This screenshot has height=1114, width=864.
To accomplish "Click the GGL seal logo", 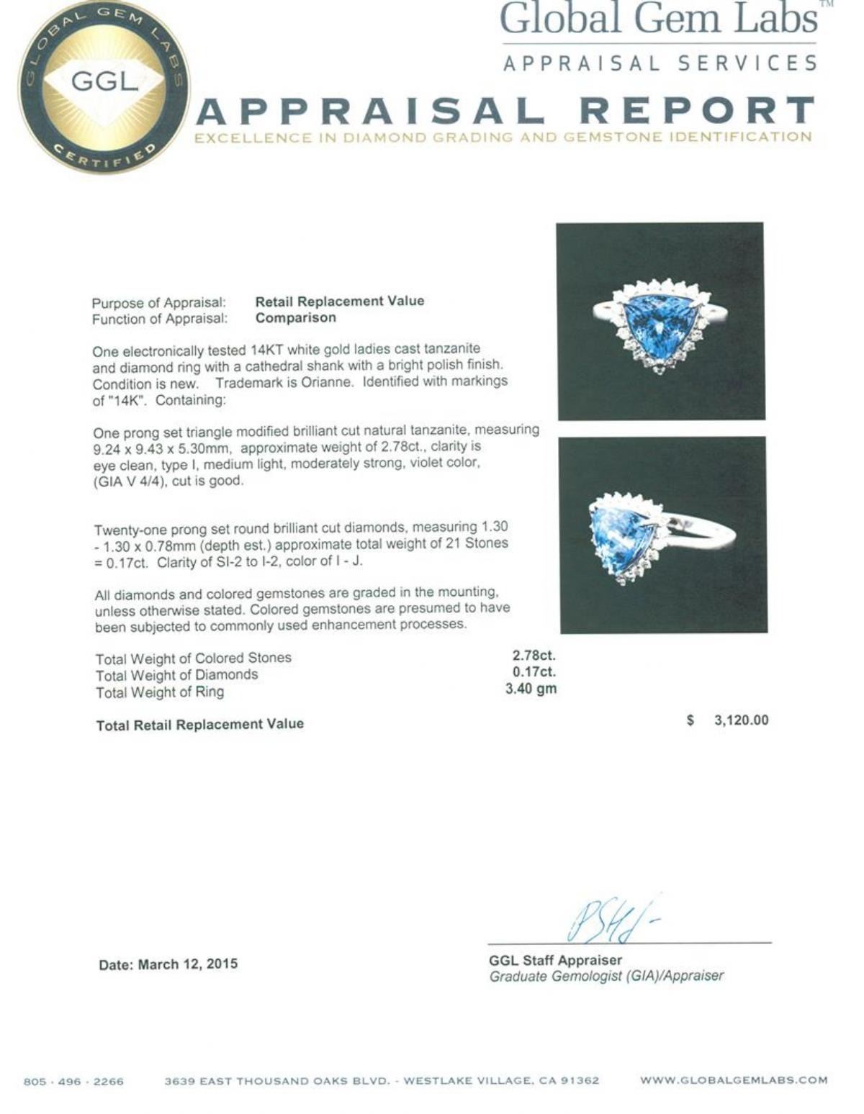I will tap(104, 86).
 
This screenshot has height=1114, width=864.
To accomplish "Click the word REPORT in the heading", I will tap(696, 112).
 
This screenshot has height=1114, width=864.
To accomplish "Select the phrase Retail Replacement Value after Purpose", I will tap(340, 301).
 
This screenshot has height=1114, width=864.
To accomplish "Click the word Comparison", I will tap(295, 317).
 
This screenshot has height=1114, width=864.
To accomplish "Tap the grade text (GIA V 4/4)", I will tap(130, 481).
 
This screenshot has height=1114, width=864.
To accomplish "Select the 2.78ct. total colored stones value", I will tap(534, 655).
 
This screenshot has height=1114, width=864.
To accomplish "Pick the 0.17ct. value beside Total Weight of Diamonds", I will tap(534, 671).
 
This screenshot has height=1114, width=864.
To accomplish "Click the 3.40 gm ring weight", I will tap(531, 689).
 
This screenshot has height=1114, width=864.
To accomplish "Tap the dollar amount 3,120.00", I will tap(741, 720).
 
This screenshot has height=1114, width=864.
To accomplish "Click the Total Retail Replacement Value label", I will tap(200, 725).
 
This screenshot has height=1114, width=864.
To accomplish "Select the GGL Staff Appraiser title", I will tap(555, 960).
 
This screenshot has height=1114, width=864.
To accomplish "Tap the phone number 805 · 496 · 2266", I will tap(73, 1081).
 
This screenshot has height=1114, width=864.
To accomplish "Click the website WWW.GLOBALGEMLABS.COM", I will tap(733, 1080).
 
